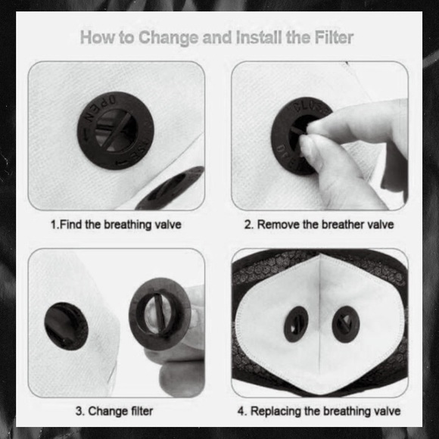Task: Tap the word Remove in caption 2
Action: [x=278, y=224]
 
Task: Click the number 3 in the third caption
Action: [x=79, y=411]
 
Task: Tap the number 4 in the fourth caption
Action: [x=241, y=411]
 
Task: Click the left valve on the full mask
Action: [x=295, y=324]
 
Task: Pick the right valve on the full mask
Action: [x=345, y=324]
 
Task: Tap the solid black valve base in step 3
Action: [x=66, y=326]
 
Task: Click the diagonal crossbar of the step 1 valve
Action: [x=117, y=132]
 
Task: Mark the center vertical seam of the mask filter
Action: [x=319, y=322]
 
